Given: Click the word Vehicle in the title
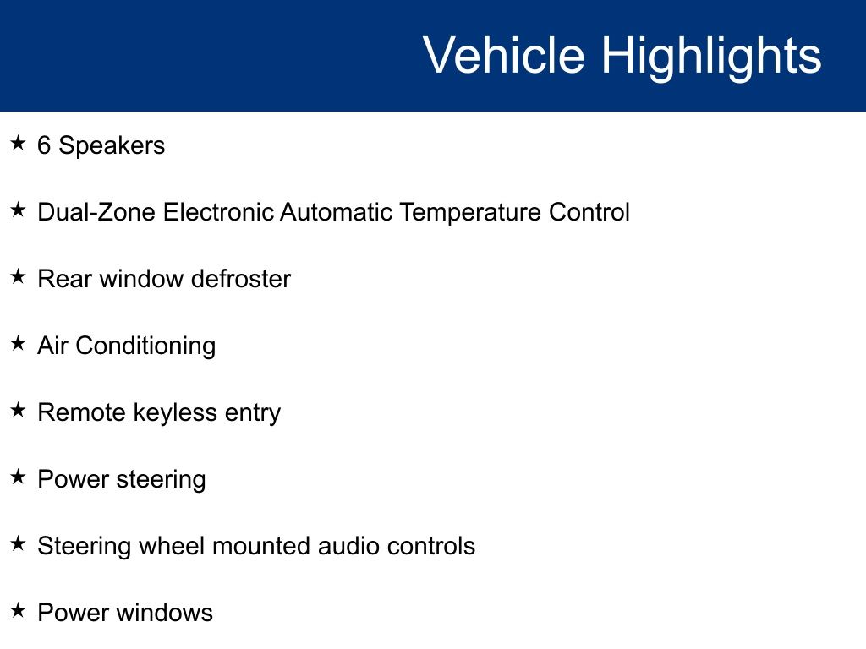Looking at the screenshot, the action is click(x=504, y=55).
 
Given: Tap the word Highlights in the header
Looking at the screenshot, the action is click(x=711, y=58).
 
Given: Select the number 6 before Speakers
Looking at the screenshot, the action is click(x=44, y=145).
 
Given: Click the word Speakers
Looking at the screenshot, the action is click(x=112, y=146).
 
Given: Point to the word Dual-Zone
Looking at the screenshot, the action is click(x=96, y=212).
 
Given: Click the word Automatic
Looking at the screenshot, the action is click(x=336, y=212).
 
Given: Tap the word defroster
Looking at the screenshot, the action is click(x=241, y=279).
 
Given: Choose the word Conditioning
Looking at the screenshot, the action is click(x=145, y=346).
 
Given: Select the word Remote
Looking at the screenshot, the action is click(x=82, y=412).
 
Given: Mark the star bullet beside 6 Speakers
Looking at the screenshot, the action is click(x=18, y=143).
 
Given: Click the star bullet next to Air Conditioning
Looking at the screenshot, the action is click(x=18, y=343).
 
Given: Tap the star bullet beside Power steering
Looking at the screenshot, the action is click(x=18, y=477).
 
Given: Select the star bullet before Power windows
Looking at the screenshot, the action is click(x=18, y=610).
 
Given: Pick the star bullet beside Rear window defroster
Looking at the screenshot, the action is click(x=18, y=276).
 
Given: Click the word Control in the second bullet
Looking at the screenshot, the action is click(x=589, y=212).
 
